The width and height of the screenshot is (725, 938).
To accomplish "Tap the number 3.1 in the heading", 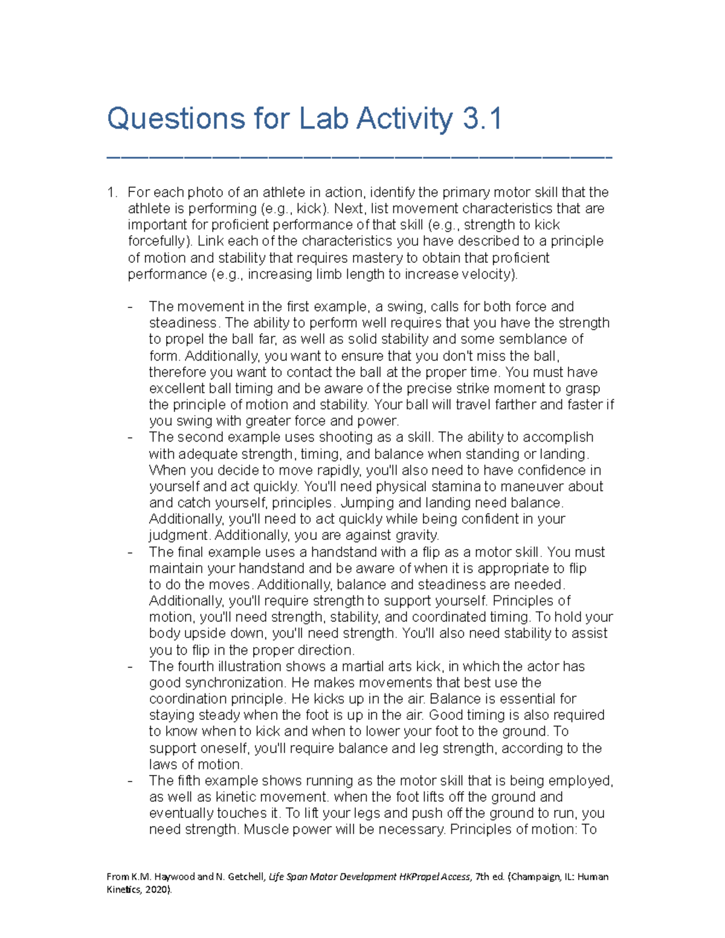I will point(482,118).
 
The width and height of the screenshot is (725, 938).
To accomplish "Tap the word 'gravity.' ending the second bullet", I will point(417,536).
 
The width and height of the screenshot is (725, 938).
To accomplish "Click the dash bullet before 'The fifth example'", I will point(130,782).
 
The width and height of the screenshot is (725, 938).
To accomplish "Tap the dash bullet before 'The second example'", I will point(130,438).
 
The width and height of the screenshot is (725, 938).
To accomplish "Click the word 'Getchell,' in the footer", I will point(245,877).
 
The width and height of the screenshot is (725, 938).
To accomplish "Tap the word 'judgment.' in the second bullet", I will point(179,536).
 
